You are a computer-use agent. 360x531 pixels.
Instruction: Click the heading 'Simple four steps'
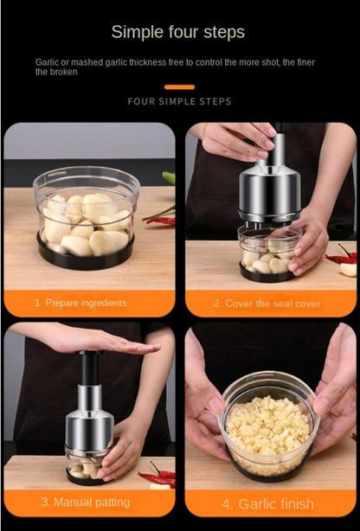178,32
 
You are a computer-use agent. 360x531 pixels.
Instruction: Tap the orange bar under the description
179,87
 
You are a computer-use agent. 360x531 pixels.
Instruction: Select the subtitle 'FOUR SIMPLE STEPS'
179,101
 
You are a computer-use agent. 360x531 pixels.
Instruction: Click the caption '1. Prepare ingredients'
80,303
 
